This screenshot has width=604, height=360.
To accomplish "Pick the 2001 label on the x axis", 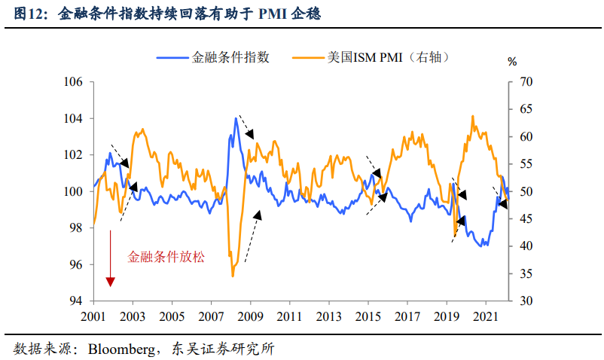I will (x=93, y=316).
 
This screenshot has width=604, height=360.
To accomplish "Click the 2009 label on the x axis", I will (x=250, y=316).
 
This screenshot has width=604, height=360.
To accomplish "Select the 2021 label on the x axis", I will (x=486, y=316).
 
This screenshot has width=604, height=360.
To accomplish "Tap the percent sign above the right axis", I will (x=512, y=62).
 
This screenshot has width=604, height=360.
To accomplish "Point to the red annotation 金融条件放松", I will (x=166, y=256).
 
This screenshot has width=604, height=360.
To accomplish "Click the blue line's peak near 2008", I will (x=236, y=118).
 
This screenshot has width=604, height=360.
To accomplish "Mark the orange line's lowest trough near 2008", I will (x=233, y=275).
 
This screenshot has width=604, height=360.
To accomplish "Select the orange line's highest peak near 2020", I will (x=472, y=117).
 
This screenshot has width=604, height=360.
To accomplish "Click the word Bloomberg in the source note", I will (x=120, y=349).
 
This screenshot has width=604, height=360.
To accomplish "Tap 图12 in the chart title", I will (x=29, y=14).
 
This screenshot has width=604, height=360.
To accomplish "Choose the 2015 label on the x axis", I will (x=368, y=316).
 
